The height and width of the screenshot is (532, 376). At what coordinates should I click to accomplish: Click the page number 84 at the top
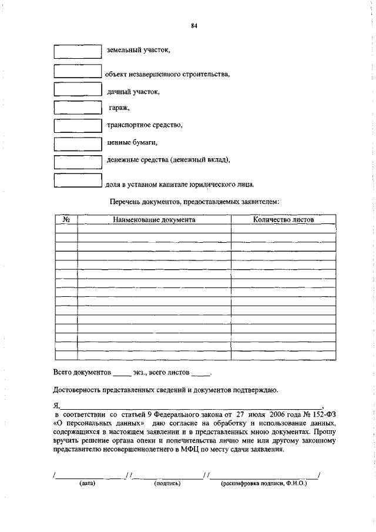coord(193,25)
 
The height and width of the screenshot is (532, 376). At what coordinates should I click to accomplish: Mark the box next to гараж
coord(78,107)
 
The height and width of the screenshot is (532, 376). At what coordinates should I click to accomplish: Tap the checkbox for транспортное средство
coord(78,125)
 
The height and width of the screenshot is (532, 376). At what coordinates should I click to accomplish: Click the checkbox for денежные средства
coord(78,161)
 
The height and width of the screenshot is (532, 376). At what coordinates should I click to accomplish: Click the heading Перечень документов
coord(194,202)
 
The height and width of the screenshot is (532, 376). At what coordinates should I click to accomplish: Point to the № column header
coord(66,220)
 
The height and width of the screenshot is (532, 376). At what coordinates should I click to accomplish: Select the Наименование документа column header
coord(154,220)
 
